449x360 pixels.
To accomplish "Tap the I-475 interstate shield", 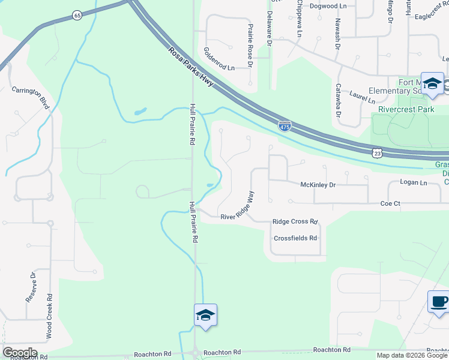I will [x=286, y=126].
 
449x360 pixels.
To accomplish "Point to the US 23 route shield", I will [x=377, y=154].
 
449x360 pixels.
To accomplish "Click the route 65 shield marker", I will [x=77, y=15].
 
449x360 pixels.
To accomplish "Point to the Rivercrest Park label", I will [x=406, y=110].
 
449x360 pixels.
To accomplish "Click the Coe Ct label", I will [x=390, y=204].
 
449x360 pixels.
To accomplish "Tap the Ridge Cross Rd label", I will [x=295, y=221].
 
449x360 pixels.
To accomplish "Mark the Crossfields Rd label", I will [x=295, y=238].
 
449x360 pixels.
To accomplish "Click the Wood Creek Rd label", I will [x=49, y=316].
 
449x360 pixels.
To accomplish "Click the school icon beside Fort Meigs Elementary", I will [x=432, y=83].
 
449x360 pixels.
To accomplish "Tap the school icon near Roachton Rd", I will [x=205, y=315].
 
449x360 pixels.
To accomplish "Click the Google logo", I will [x=20, y=353].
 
